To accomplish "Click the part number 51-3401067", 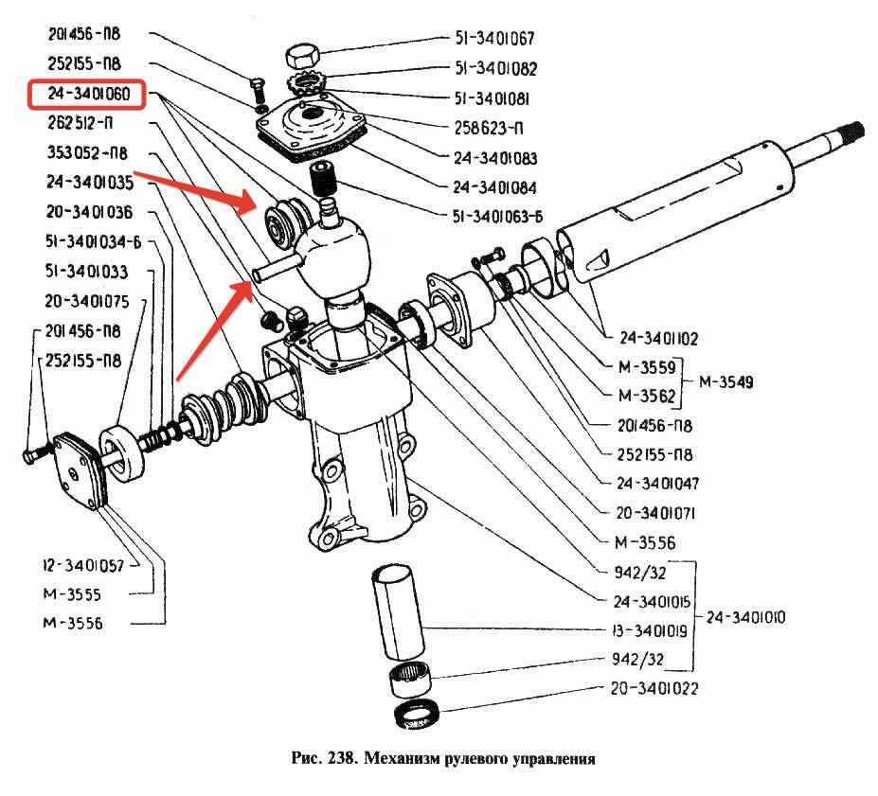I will (494, 39).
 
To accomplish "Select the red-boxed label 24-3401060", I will (83, 95).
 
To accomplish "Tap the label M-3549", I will (726, 382).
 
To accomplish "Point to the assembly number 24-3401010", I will (745, 617).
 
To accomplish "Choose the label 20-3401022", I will (651, 688).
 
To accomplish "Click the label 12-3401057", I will (84, 565).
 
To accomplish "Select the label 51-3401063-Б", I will (498, 216).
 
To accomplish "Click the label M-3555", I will (71, 594).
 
